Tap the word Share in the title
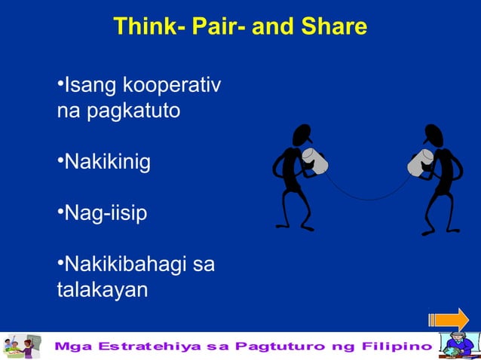pyautogui.click(x=334, y=27)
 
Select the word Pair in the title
pyautogui.click(x=219, y=27)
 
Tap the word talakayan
pyautogui.click(x=102, y=290)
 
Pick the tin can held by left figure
pyautogui.click(x=314, y=161)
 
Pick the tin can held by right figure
pyautogui.click(x=419, y=161)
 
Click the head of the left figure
pyautogui.click(x=302, y=135)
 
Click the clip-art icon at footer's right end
pyautogui.click(x=458, y=346)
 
